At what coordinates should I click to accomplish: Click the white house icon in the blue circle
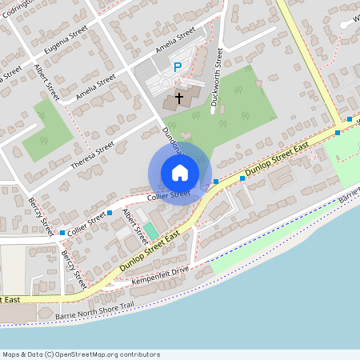click(180, 173)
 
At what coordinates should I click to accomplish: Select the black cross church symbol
click(178, 98)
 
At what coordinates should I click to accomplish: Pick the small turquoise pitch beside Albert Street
click(150, 231)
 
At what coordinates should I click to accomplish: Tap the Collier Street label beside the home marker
click(169, 194)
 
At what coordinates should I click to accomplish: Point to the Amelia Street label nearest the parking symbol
click(175, 40)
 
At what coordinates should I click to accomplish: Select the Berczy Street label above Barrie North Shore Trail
click(74, 269)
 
